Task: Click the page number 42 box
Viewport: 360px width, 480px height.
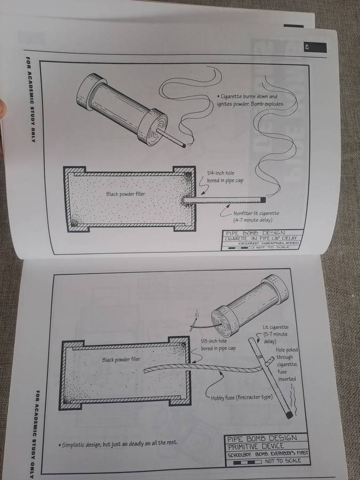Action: (x=315, y=47)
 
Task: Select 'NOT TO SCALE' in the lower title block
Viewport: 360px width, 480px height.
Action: (x=283, y=461)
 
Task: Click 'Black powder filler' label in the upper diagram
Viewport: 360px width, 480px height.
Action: (x=125, y=194)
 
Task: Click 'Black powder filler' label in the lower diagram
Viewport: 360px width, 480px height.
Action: (x=121, y=359)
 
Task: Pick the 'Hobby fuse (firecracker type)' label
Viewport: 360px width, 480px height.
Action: (x=242, y=398)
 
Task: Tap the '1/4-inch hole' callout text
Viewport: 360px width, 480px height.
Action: (x=221, y=173)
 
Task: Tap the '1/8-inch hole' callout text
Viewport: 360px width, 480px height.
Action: (x=214, y=341)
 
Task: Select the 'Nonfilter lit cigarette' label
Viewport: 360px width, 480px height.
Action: (x=256, y=213)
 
